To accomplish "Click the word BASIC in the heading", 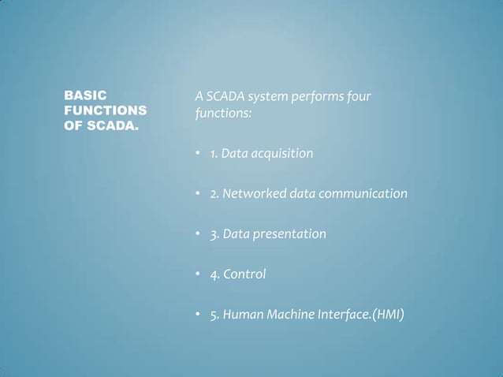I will click(83, 96).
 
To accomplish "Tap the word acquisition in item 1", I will click(281, 153).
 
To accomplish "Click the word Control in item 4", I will click(244, 274).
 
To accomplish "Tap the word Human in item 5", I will click(242, 315).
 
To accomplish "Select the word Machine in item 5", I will click(292, 315).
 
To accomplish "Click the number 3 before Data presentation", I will click(214, 234).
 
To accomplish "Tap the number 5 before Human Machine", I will click(214, 315).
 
